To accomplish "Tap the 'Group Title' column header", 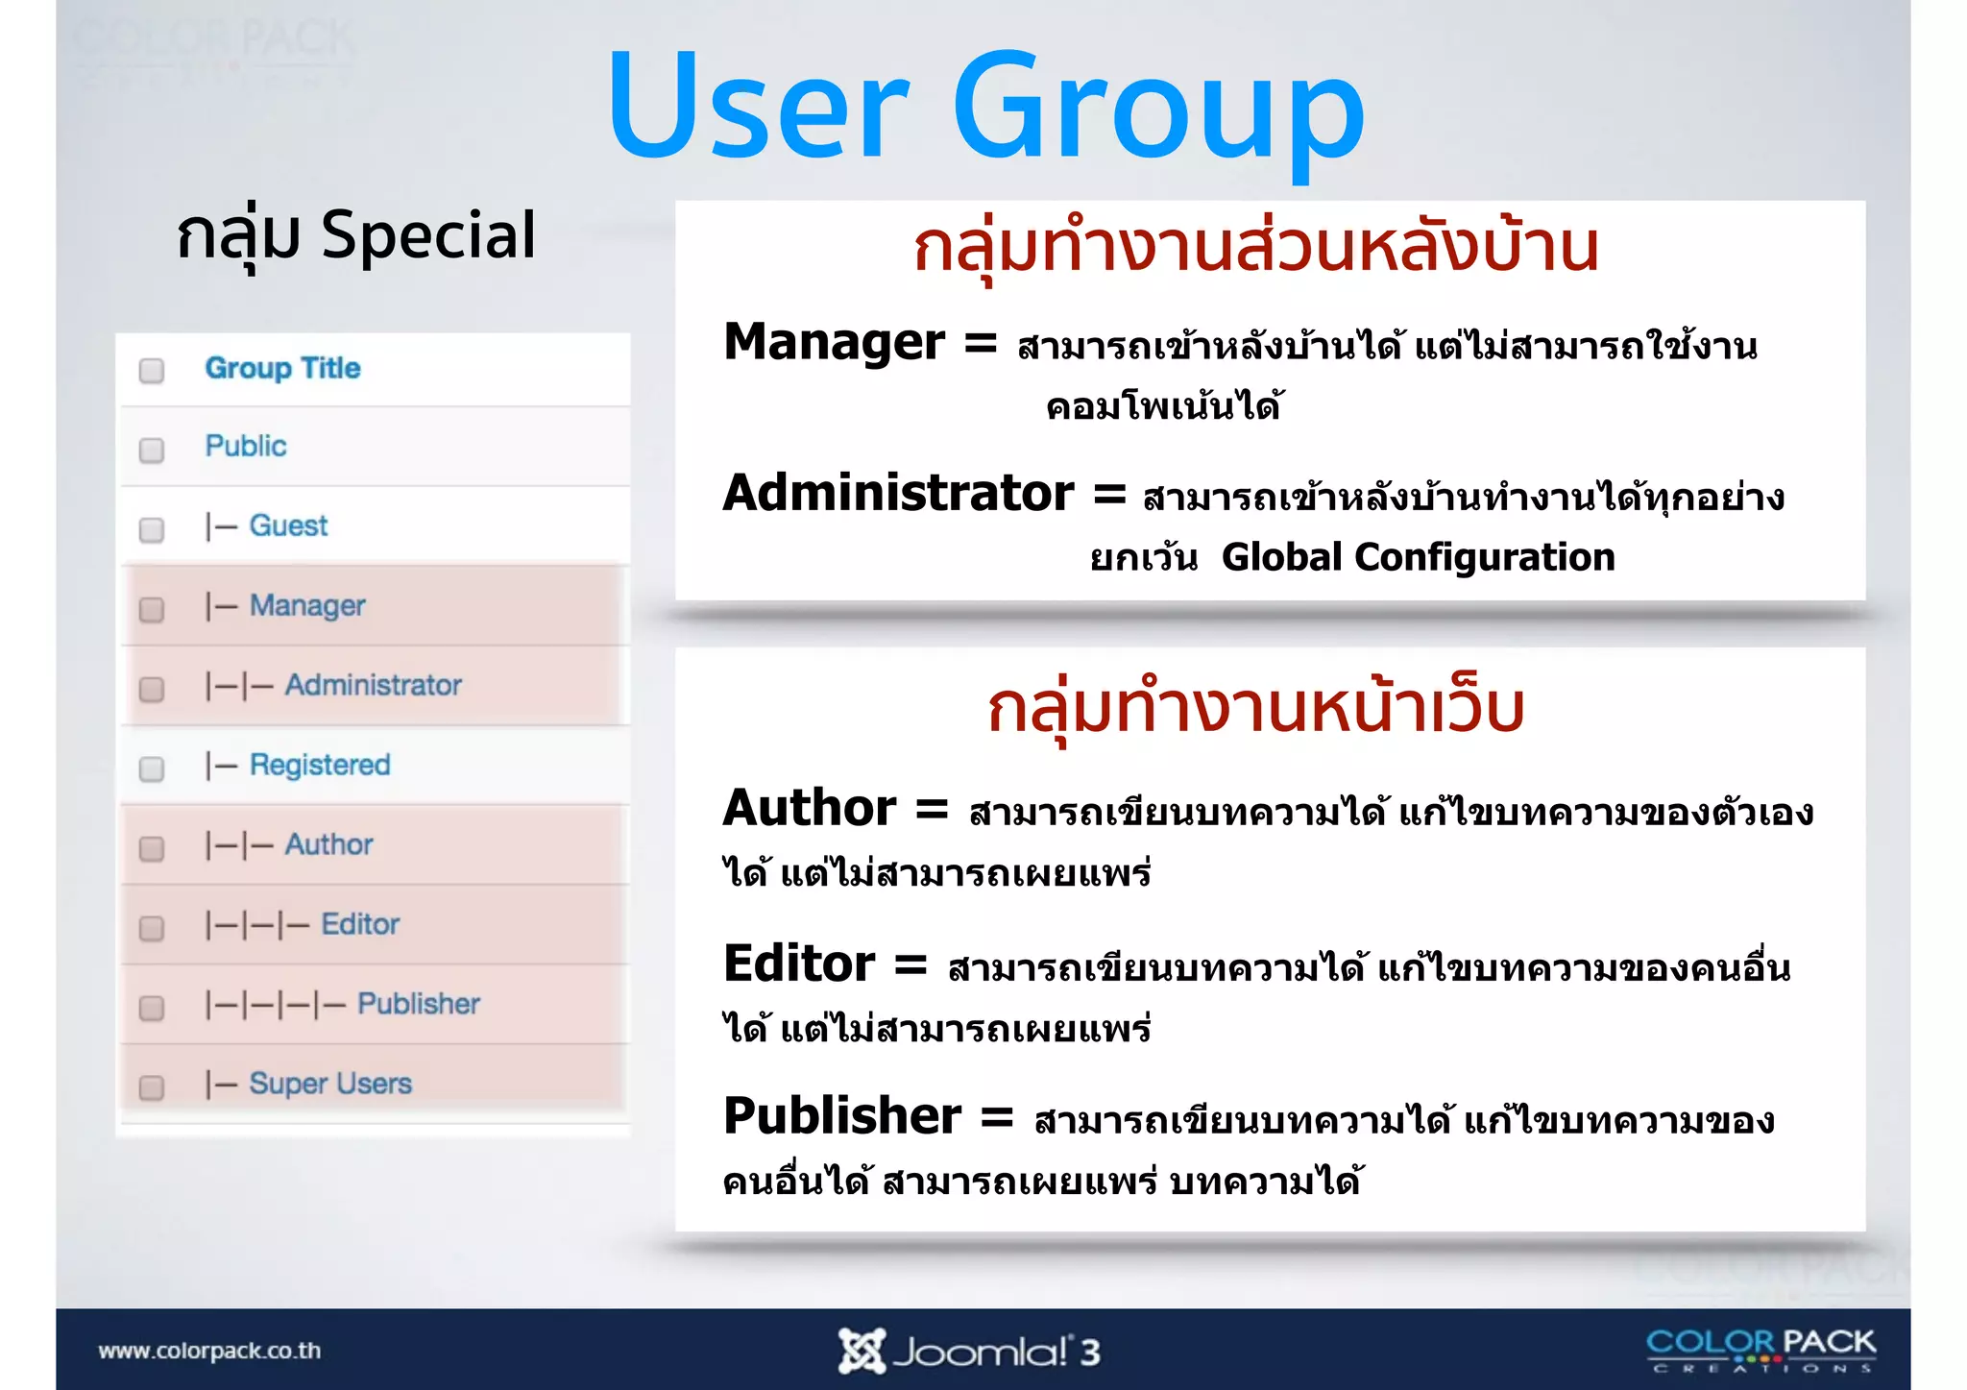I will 282,368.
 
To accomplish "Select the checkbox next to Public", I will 152,450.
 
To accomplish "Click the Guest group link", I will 288,525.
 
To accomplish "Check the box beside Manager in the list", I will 152,609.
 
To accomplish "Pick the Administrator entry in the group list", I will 373,685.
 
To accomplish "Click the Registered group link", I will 320,765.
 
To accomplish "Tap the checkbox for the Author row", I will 152,848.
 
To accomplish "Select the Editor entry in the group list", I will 360,924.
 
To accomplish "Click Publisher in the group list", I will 419,1004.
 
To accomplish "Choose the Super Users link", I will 330,1084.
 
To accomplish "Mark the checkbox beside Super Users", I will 152,1087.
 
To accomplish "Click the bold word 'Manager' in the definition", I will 834,342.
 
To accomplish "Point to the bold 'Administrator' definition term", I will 898,493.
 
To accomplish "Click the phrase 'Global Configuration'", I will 1418,557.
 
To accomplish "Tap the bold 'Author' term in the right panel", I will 810,807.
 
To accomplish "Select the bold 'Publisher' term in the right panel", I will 842,1115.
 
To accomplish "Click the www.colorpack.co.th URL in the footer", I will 209,1351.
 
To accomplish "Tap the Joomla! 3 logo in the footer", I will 969,1352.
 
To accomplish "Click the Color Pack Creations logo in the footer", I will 1761,1349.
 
